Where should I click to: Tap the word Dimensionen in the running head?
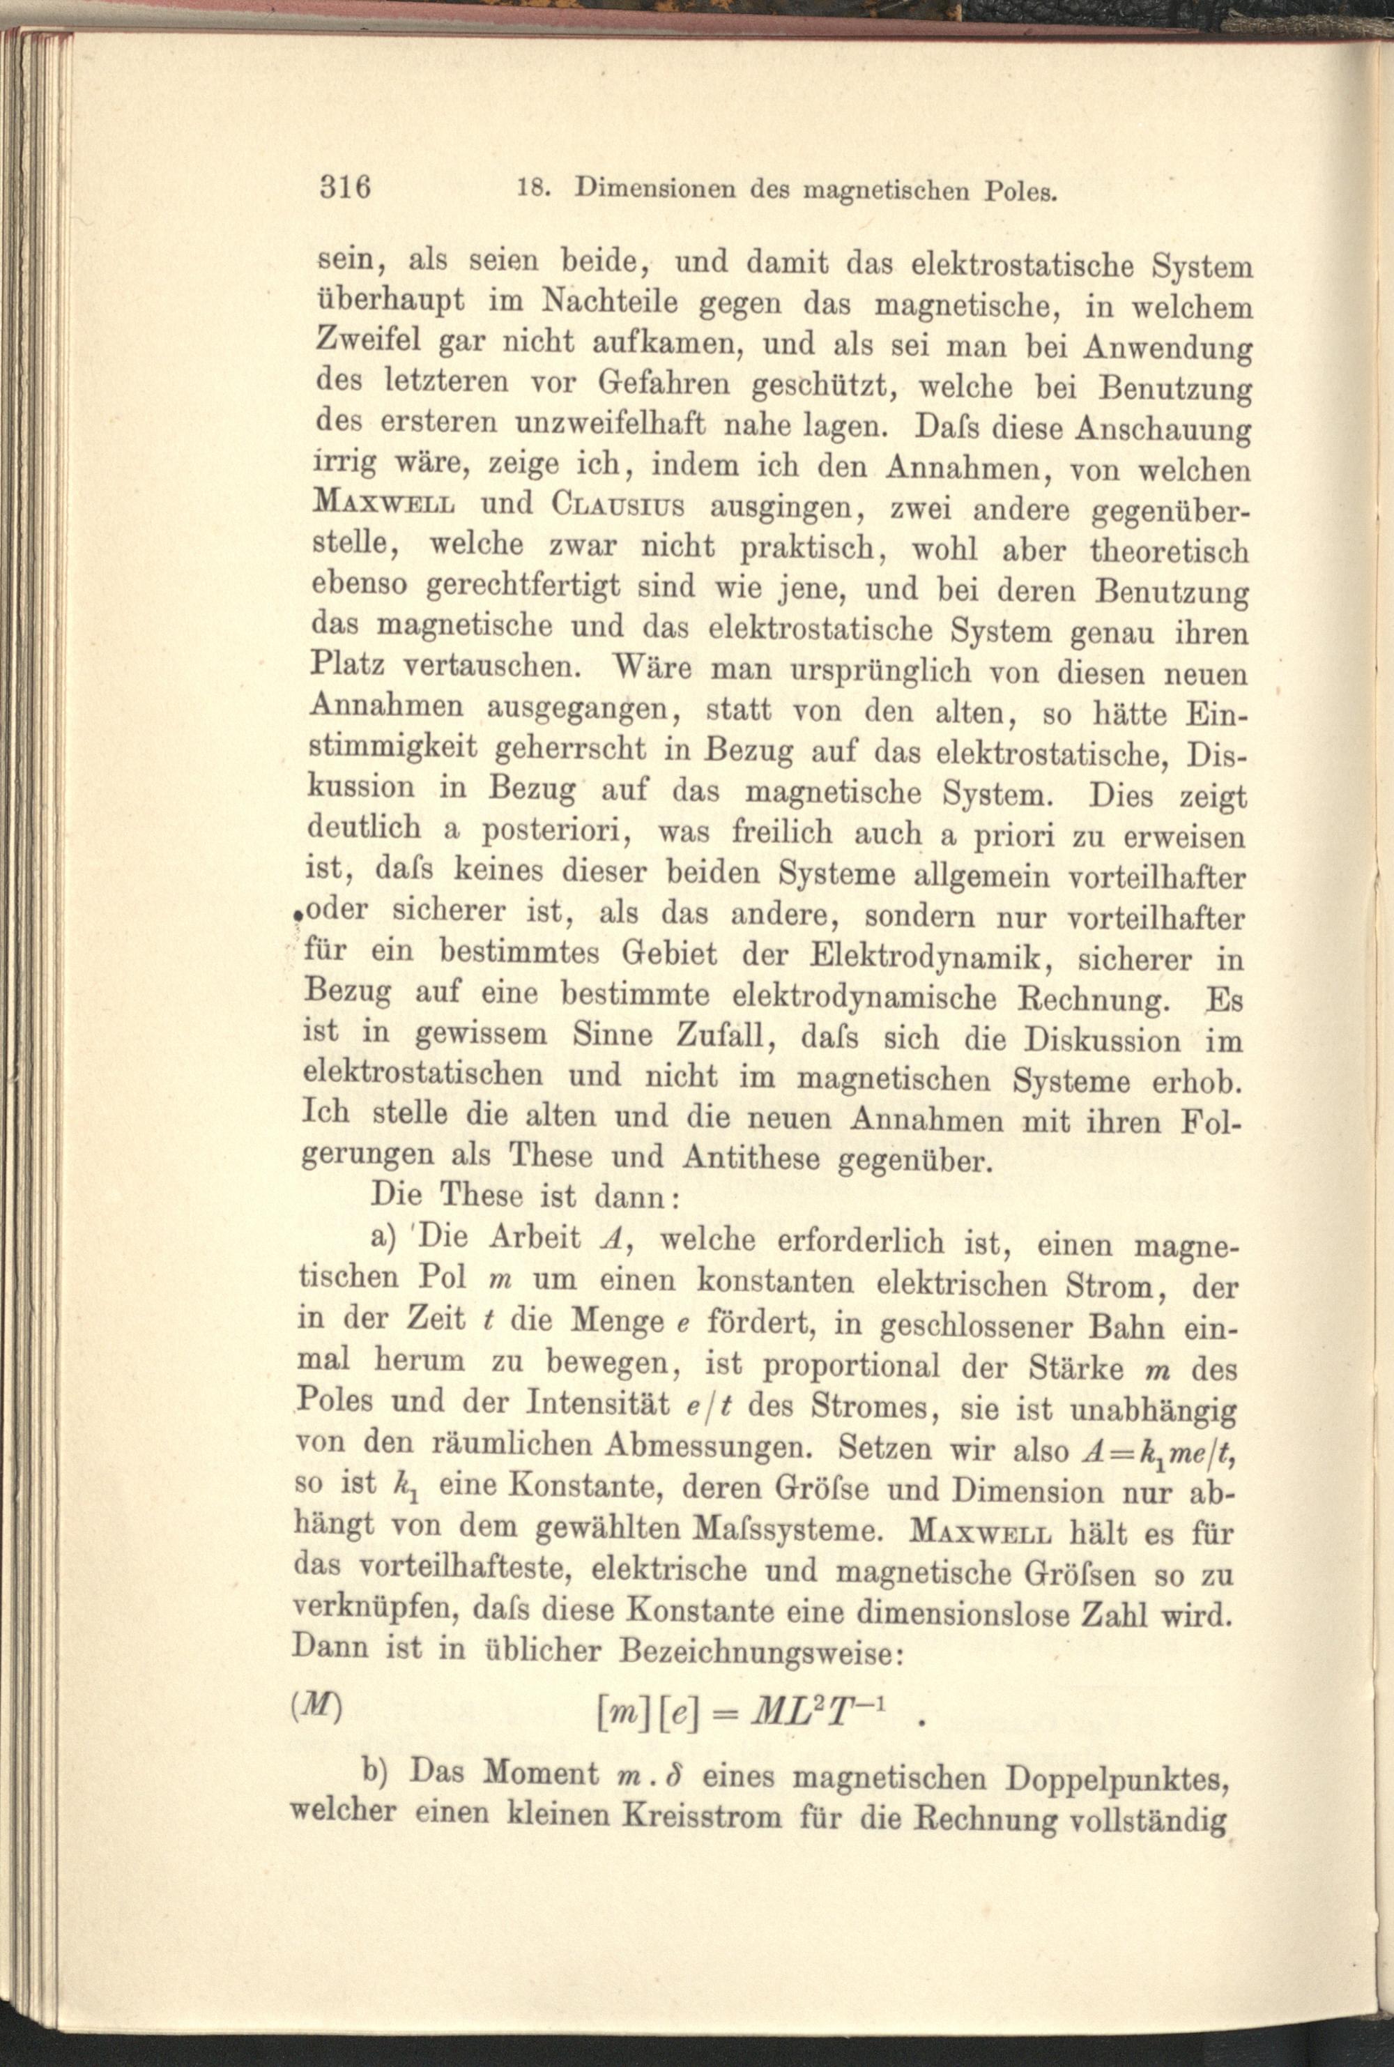pyautogui.click(x=656, y=188)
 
